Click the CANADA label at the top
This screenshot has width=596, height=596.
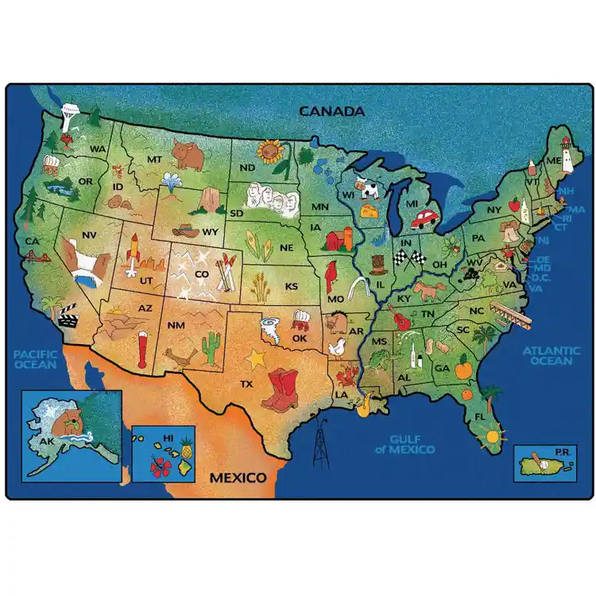pyautogui.click(x=331, y=110)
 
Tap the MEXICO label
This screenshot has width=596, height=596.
pyautogui.click(x=237, y=478)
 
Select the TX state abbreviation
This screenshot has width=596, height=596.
pyautogui.click(x=247, y=383)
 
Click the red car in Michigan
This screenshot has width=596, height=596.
pyautogui.click(x=427, y=218)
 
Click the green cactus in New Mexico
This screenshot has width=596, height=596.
pyautogui.click(x=211, y=346)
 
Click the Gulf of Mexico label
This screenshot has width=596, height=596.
pyautogui.click(x=412, y=444)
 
